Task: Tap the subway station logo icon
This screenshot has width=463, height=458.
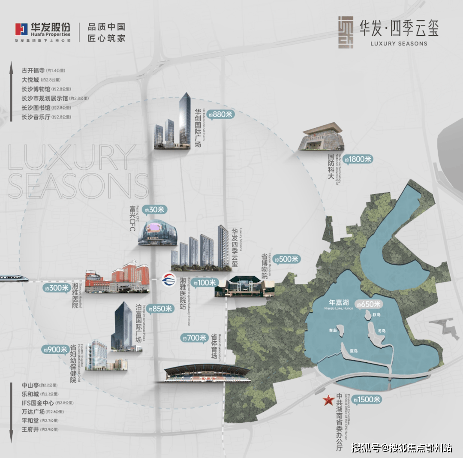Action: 167,281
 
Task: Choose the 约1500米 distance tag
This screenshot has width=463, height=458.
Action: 368,400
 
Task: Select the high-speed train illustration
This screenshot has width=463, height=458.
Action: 14,278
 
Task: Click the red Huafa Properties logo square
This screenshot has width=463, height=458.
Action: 21,29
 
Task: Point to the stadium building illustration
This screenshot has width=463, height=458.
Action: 207,374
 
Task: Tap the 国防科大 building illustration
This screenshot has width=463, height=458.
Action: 322,137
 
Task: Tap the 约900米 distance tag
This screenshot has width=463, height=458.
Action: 55,350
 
